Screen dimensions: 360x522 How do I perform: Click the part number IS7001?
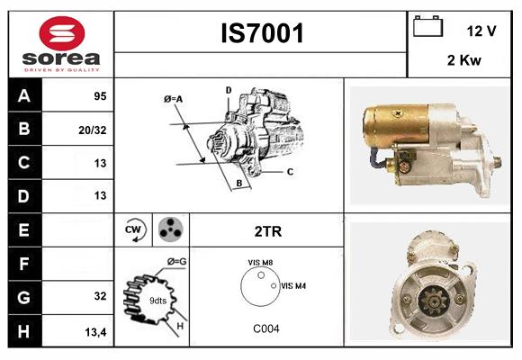pyautogui.click(x=262, y=34)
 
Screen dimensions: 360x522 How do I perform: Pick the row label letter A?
pyautogui.click(x=24, y=95)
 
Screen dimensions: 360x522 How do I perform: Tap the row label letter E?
pyautogui.click(x=24, y=230)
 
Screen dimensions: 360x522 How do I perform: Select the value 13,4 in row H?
pyautogui.click(x=96, y=332)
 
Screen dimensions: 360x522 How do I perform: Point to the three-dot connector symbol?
pyautogui.click(x=170, y=230)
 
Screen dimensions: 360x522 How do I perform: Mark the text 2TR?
pyautogui.click(x=267, y=231)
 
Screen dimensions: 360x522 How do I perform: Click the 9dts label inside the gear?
pyautogui.click(x=157, y=300)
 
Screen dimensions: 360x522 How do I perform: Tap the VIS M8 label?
pyautogui.click(x=260, y=262)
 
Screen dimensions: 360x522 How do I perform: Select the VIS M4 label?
pyautogui.click(x=293, y=285)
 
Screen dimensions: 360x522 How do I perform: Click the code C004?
pyautogui.click(x=266, y=328)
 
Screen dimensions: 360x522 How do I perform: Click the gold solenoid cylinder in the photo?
pyautogui.click(x=395, y=125)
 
